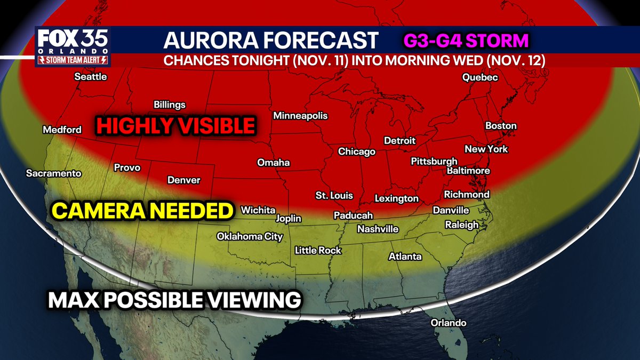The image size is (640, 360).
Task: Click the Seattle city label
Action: tap(91, 77)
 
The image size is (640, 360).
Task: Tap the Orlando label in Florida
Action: tap(449, 323)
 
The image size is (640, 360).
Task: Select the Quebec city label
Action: tap(480, 78)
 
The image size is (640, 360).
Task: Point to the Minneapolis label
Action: tap(300, 116)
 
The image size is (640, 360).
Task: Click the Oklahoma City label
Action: tap(250, 237)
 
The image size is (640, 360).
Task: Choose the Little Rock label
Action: tap(318, 250)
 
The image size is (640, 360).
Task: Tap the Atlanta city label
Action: tap(405, 257)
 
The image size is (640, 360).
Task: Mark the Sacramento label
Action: tap(54, 173)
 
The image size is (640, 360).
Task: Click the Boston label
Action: tap(501, 126)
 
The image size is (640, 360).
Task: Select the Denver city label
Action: tap(184, 180)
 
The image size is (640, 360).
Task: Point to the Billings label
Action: tap(170, 105)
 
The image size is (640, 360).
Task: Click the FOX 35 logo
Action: tap(72, 41)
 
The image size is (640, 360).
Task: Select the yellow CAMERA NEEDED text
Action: tap(143, 211)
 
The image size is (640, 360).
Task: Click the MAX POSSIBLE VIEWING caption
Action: tap(174, 300)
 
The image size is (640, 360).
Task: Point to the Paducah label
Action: tap(353, 215)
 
